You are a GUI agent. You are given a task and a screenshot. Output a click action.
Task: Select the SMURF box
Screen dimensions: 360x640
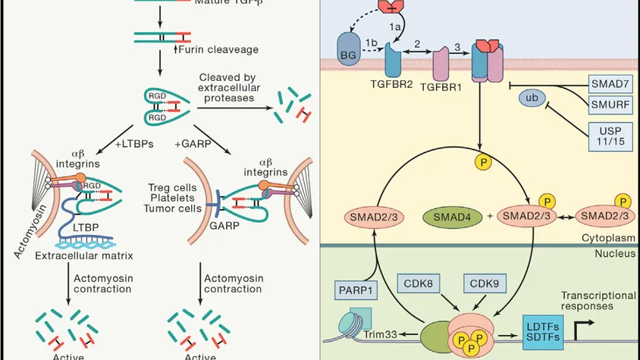[x=610, y=103]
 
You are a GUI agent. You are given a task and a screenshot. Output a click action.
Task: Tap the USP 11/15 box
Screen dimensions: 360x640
[x=610, y=137]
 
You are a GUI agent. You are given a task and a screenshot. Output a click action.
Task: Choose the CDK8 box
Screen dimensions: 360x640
[x=419, y=285]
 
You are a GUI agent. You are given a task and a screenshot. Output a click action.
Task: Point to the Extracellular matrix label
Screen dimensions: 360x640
[x=79, y=255]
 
